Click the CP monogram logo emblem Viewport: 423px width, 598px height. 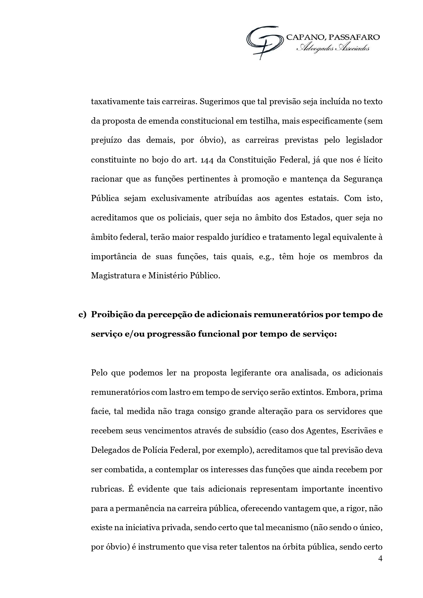click(x=265, y=42)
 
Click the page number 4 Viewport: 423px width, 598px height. click(x=380, y=558)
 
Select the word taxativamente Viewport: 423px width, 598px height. click(x=118, y=102)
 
